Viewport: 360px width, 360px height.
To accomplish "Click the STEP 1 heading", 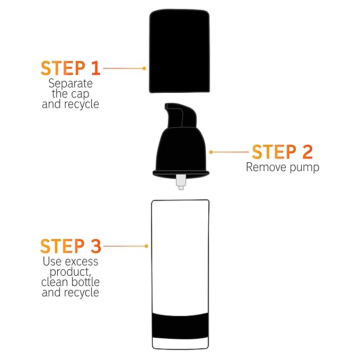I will (70, 68).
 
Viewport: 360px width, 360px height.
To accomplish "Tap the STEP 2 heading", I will (282, 152).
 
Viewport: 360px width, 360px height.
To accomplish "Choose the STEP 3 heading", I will (70, 246).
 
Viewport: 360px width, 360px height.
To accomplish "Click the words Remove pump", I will (282, 168).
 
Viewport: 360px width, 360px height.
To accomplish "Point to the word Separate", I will (70, 83).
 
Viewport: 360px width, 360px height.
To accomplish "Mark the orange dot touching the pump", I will (211, 152).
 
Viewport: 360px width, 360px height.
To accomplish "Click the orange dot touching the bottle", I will (146, 246).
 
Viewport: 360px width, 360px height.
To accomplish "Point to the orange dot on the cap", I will (144, 68).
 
